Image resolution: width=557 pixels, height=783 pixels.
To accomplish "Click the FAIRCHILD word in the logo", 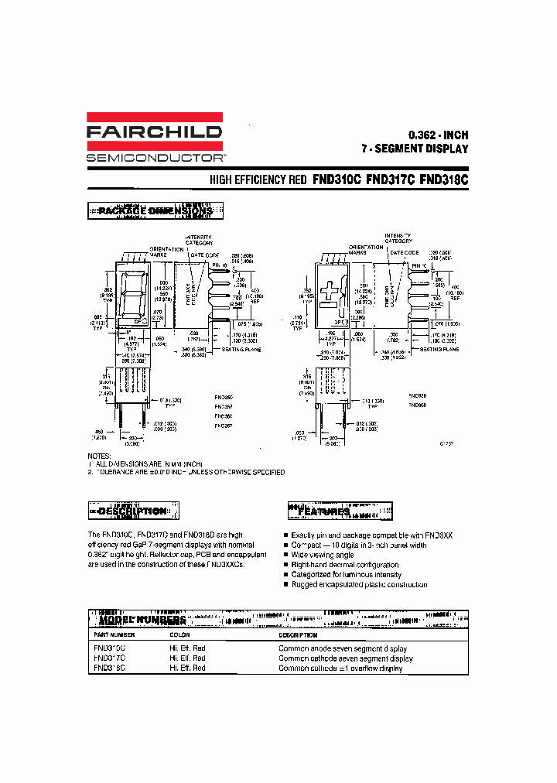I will (x=154, y=132).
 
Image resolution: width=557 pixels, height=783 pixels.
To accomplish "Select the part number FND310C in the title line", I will (x=337, y=180).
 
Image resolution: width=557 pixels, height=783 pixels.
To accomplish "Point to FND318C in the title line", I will (x=443, y=180).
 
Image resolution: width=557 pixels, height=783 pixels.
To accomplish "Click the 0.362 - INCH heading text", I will (x=438, y=133).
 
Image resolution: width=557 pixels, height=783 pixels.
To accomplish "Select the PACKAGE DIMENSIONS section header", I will (x=155, y=210).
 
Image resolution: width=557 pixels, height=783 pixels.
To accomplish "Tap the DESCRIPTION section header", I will (x=133, y=511).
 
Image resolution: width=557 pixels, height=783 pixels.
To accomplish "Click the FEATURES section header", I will (x=324, y=511).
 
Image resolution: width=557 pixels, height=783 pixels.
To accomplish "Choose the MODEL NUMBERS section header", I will (x=142, y=621).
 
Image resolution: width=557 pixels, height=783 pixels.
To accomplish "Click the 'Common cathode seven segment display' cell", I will (x=345, y=658).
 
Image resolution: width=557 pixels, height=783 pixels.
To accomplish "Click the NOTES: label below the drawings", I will (x=99, y=456).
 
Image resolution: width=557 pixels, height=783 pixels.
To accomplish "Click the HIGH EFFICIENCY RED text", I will (x=258, y=180).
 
